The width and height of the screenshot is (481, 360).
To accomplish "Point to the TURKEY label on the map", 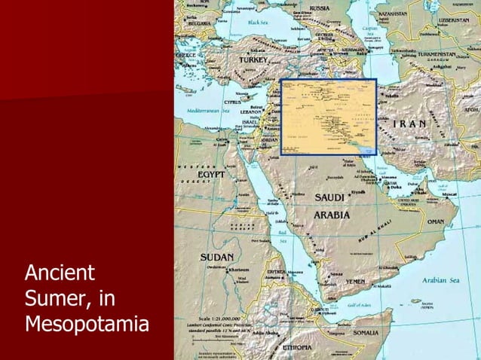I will click(x=253, y=59).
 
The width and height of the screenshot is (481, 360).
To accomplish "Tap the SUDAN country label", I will click(x=216, y=257).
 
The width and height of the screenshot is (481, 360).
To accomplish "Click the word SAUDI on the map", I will click(x=329, y=197).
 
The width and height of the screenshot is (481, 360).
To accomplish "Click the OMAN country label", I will click(x=436, y=221).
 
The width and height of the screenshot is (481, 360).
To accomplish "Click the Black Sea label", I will click(x=267, y=23).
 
